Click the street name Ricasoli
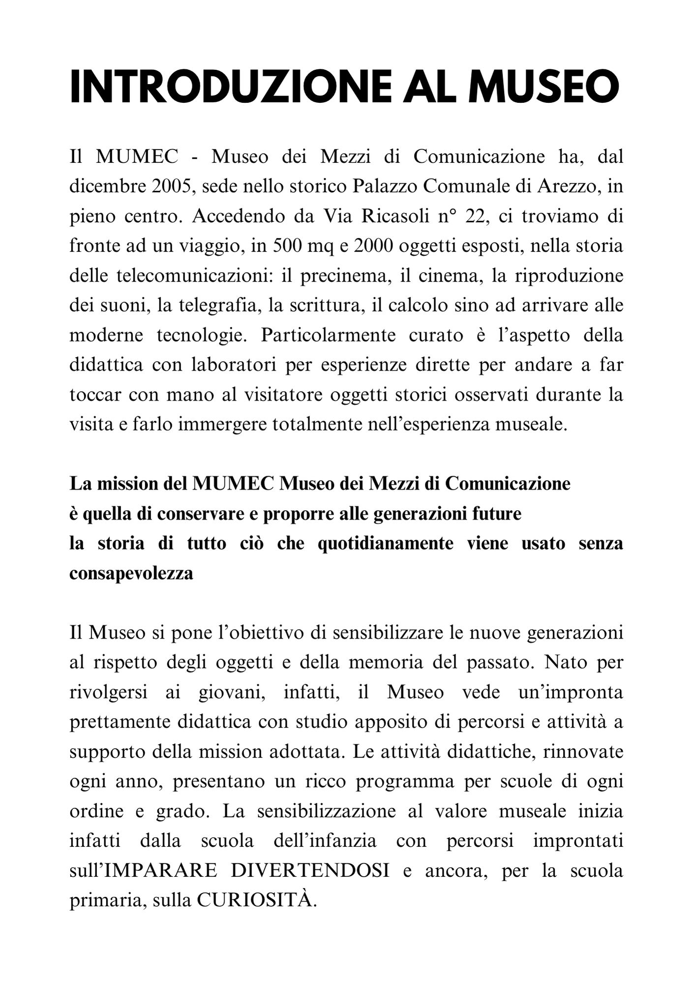(x=395, y=216)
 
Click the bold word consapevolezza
(x=131, y=574)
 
